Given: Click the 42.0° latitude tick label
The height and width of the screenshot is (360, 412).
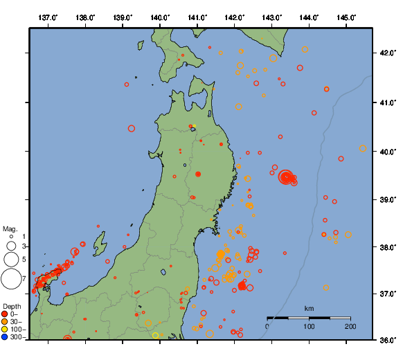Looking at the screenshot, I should (391, 53).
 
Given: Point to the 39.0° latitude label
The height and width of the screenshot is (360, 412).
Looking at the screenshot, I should (391, 199).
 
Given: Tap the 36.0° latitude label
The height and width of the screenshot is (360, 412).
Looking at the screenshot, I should (391, 339).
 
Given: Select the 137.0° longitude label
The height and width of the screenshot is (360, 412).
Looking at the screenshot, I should (48, 17).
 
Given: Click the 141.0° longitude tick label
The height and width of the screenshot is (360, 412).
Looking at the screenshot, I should (197, 17).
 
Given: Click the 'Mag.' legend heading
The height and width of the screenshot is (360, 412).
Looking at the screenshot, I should (9, 228).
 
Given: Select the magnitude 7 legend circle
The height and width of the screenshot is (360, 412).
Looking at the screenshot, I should (11, 279).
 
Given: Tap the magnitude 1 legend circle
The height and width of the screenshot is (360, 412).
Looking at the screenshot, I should (11, 236).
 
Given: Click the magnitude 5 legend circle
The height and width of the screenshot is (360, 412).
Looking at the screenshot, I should (11, 260).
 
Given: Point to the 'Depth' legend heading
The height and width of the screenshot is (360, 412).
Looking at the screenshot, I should (11, 307).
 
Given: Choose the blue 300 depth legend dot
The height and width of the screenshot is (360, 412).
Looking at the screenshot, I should (5, 337).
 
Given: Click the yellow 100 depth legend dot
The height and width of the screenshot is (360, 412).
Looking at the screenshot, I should (5, 330).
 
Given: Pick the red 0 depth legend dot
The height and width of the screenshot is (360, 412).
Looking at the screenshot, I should (5, 314).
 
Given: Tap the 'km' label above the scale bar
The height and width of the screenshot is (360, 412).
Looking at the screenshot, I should (309, 308).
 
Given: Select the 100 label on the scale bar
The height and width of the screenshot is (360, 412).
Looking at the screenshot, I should (309, 326).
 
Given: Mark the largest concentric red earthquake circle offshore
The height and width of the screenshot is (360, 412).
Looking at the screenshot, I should (286, 177).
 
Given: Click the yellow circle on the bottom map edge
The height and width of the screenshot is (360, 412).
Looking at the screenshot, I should (156, 335).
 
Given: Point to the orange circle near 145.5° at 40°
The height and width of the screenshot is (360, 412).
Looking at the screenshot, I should (363, 148).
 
